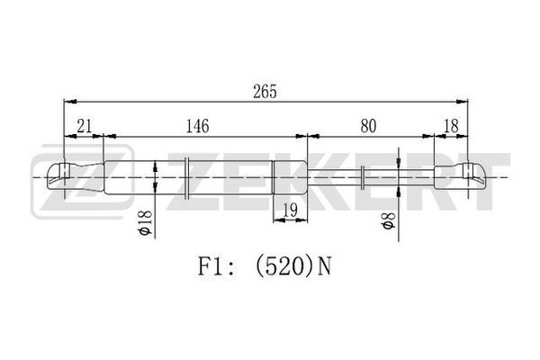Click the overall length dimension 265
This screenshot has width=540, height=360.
[265, 92]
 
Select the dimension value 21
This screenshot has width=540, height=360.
[85, 126]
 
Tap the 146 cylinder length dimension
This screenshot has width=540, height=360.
[197, 126]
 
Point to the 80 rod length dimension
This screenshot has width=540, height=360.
[368, 126]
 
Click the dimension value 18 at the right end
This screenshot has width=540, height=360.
[451, 126]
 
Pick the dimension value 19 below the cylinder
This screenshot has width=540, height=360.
[290, 210]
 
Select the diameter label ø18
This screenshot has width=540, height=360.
[145, 222]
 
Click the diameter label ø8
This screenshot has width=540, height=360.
[388, 220]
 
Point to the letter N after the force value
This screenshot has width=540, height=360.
[324, 267]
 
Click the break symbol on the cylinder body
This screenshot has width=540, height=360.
[186, 177]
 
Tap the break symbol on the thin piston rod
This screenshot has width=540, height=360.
[363, 177]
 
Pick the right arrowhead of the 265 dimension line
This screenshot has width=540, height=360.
[463, 102]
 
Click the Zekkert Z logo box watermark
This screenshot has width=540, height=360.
[82, 182]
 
